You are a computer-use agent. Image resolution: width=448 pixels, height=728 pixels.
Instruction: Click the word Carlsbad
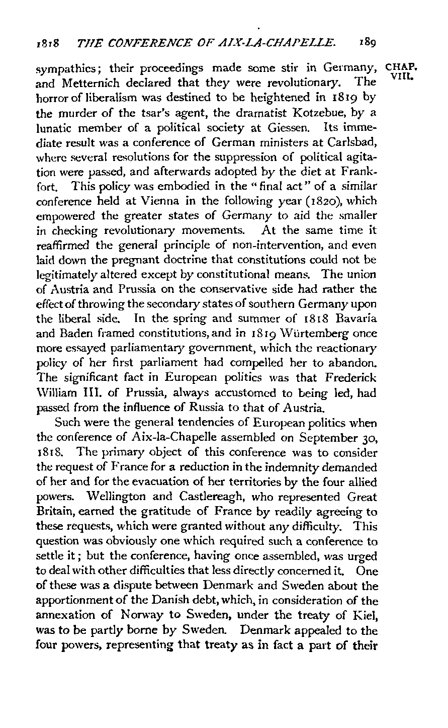(x=353, y=138)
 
